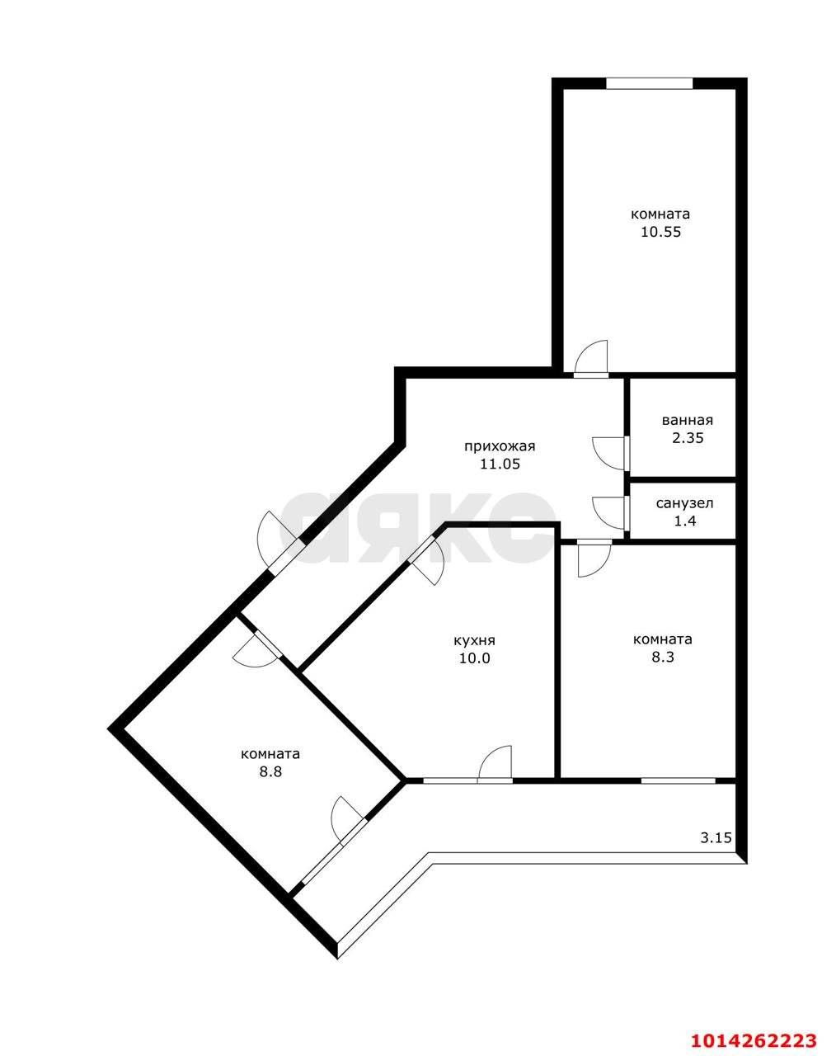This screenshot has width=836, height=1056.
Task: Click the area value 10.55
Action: [660, 232]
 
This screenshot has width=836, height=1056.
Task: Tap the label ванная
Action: [687, 420]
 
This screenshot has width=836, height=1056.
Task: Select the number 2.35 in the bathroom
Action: [687, 438]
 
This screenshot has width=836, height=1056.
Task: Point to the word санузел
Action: [684, 503]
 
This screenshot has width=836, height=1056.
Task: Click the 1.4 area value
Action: [685, 521]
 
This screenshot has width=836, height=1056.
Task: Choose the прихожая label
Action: [500, 446]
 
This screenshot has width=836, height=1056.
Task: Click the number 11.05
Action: [500, 464]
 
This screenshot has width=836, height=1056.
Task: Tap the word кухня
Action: [474, 640]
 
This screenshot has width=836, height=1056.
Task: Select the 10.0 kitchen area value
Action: [474, 658]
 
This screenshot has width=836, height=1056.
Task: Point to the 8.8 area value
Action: [270, 772]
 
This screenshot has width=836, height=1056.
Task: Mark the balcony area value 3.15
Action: [716, 838]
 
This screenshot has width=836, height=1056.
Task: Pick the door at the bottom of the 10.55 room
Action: [591, 363]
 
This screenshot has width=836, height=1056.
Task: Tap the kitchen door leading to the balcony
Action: [495, 766]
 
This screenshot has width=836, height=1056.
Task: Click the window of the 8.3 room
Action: [678, 780]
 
